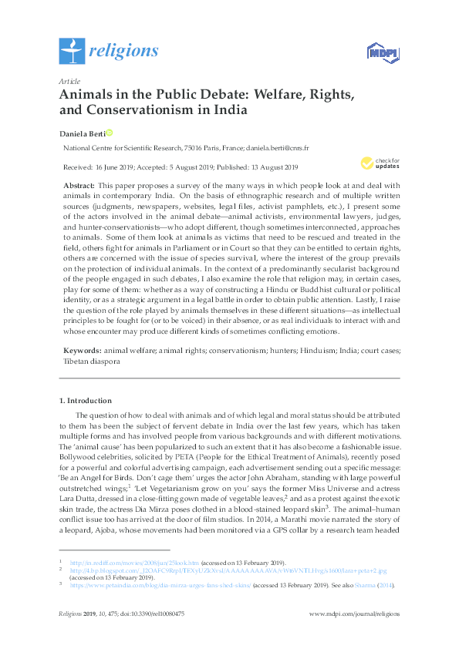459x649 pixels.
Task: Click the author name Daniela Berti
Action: (x=82, y=133)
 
